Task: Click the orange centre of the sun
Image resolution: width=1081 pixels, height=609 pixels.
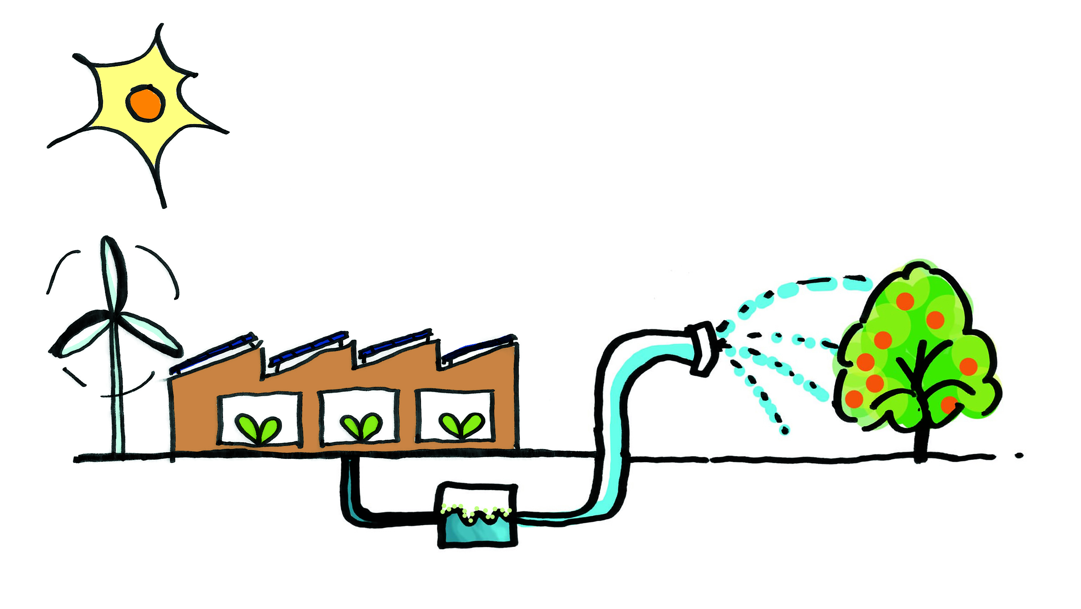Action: (x=145, y=103)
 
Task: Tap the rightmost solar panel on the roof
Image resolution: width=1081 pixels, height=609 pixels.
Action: (x=478, y=348)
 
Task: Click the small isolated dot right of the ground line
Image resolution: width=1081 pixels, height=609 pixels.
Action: (x=1019, y=455)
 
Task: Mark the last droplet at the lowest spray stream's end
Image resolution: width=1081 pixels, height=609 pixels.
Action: (x=784, y=430)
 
